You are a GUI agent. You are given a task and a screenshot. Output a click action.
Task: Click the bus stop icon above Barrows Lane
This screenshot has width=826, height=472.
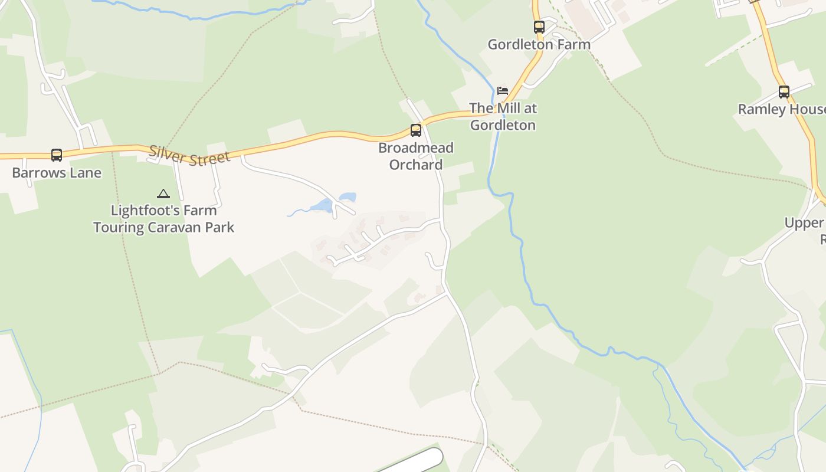[57, 155]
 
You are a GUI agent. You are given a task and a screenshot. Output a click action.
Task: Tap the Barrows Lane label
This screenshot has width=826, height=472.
[57, 173]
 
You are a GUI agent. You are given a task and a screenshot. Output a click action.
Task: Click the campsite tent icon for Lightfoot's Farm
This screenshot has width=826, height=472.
[163, 194]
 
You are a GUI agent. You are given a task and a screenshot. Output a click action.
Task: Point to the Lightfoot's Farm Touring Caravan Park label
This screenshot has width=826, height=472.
[163, 219]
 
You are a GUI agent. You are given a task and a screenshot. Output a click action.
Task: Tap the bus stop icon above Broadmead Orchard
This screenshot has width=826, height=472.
[416, 130]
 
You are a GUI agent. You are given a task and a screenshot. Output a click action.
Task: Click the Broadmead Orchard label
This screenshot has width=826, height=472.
[416, 156]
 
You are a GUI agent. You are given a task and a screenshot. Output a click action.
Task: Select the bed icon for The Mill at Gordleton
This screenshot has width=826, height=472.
[503, 91]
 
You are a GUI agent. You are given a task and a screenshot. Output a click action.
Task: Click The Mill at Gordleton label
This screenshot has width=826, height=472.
[503, 117]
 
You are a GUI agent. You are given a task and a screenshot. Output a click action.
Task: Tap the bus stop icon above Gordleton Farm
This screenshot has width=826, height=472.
[539, 27]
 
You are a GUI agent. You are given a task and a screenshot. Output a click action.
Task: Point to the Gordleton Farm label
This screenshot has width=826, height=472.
[539, 44]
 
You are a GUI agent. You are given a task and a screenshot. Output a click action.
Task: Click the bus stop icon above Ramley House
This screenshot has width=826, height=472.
[784, 92]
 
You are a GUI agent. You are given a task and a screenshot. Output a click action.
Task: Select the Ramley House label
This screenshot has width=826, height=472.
[782, 109]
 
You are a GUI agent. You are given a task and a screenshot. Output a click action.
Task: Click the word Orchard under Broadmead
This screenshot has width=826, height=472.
[416, 165]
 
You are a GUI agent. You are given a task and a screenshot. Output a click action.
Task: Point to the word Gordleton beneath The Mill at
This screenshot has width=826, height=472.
[503, 125]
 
